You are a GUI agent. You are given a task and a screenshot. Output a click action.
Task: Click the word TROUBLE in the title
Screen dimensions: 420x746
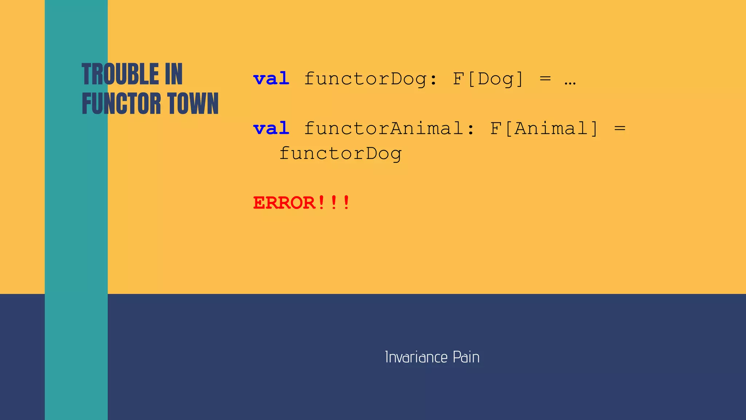[120, 74]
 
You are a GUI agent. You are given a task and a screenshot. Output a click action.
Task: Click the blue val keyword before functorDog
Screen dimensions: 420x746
[271, 79]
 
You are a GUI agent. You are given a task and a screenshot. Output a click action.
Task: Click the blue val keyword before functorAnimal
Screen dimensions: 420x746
[271, 128]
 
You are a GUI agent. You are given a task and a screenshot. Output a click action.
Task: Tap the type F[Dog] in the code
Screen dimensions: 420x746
[488, 79]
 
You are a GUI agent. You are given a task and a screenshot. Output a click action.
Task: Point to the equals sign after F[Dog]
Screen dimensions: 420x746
[545, 79]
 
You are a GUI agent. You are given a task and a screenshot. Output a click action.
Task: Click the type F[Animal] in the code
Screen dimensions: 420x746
[544, 128]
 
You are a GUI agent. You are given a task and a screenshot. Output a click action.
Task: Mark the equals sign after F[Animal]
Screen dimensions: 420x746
[620, 128]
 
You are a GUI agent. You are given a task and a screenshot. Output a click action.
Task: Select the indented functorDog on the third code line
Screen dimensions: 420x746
[341, 154]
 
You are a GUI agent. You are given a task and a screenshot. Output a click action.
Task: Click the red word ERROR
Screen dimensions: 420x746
[284, 203]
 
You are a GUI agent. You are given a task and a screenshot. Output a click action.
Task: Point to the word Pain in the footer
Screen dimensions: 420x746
[466, 357]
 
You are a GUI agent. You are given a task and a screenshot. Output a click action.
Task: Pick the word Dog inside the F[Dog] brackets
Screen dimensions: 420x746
[495, 79]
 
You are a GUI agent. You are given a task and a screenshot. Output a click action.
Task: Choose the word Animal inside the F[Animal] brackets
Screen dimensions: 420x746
[551, 128]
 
